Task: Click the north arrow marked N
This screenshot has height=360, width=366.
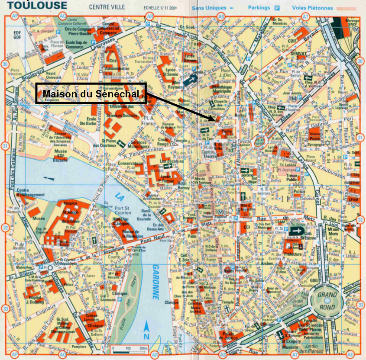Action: point(147,331)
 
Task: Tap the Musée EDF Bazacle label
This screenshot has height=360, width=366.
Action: point(60,154)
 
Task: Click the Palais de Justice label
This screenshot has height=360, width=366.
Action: point(229,336)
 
